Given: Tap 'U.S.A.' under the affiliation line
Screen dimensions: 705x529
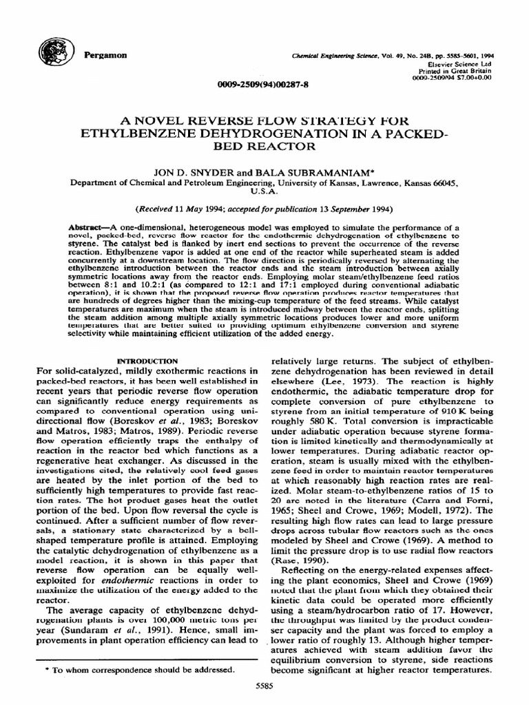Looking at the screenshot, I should [x=264, y=193].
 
